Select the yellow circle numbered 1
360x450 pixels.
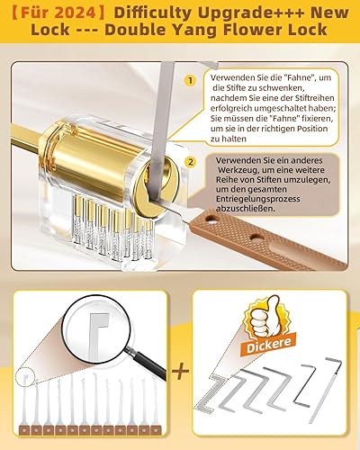pyautogui.click(x=191, y=80)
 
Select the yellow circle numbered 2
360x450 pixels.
pyautogui.click(x=191, y=162)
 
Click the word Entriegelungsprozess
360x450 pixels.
pyautogui.click(x=257, y=199)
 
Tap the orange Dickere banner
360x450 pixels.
pyautogui.click(x=268, y=345)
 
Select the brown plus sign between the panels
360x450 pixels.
pyautogui.click(x=180, y=372)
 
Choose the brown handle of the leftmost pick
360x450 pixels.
pyautogui.click(x=24, y=430)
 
